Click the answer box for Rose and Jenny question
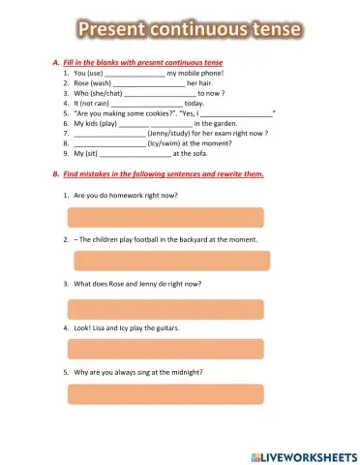[x=165, y=308]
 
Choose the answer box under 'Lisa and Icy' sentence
[x=165, y=350]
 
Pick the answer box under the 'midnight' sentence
[x=165, y=394]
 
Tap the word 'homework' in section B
[x=136, y=195]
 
